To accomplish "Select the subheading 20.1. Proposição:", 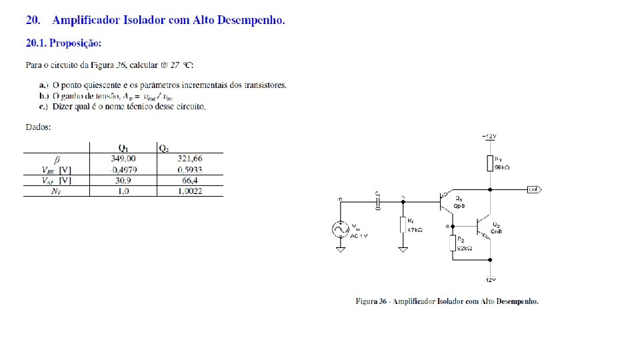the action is [63, 43].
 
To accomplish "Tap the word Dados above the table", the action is [39, 126].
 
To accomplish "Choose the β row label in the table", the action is [57, 159].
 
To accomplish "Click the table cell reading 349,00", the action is [123, 159].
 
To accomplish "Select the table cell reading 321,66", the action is [189, 159].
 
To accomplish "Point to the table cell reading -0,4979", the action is [123, 169].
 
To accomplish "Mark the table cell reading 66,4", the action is [189, 180].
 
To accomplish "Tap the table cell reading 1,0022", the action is [189, 191].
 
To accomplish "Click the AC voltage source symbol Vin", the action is [340, 229].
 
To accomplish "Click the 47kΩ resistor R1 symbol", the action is [403, 225].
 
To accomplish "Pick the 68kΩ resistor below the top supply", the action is [491, 163].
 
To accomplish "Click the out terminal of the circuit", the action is [533, 189].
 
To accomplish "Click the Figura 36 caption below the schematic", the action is [446, 301].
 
